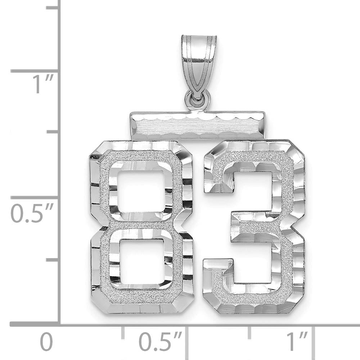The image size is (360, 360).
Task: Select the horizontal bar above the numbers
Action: pos(198,125)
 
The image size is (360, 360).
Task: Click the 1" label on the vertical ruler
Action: pos(44,84)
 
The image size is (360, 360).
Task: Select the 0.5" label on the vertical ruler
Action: pos(32,213)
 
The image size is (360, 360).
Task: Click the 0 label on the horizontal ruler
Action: pos(46,342)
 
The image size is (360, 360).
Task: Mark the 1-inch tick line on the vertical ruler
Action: pos(34,71)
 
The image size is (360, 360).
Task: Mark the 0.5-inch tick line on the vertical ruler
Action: pos(34,197)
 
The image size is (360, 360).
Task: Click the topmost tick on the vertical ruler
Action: pos(52,7)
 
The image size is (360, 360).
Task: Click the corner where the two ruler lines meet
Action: pos(59,324)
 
